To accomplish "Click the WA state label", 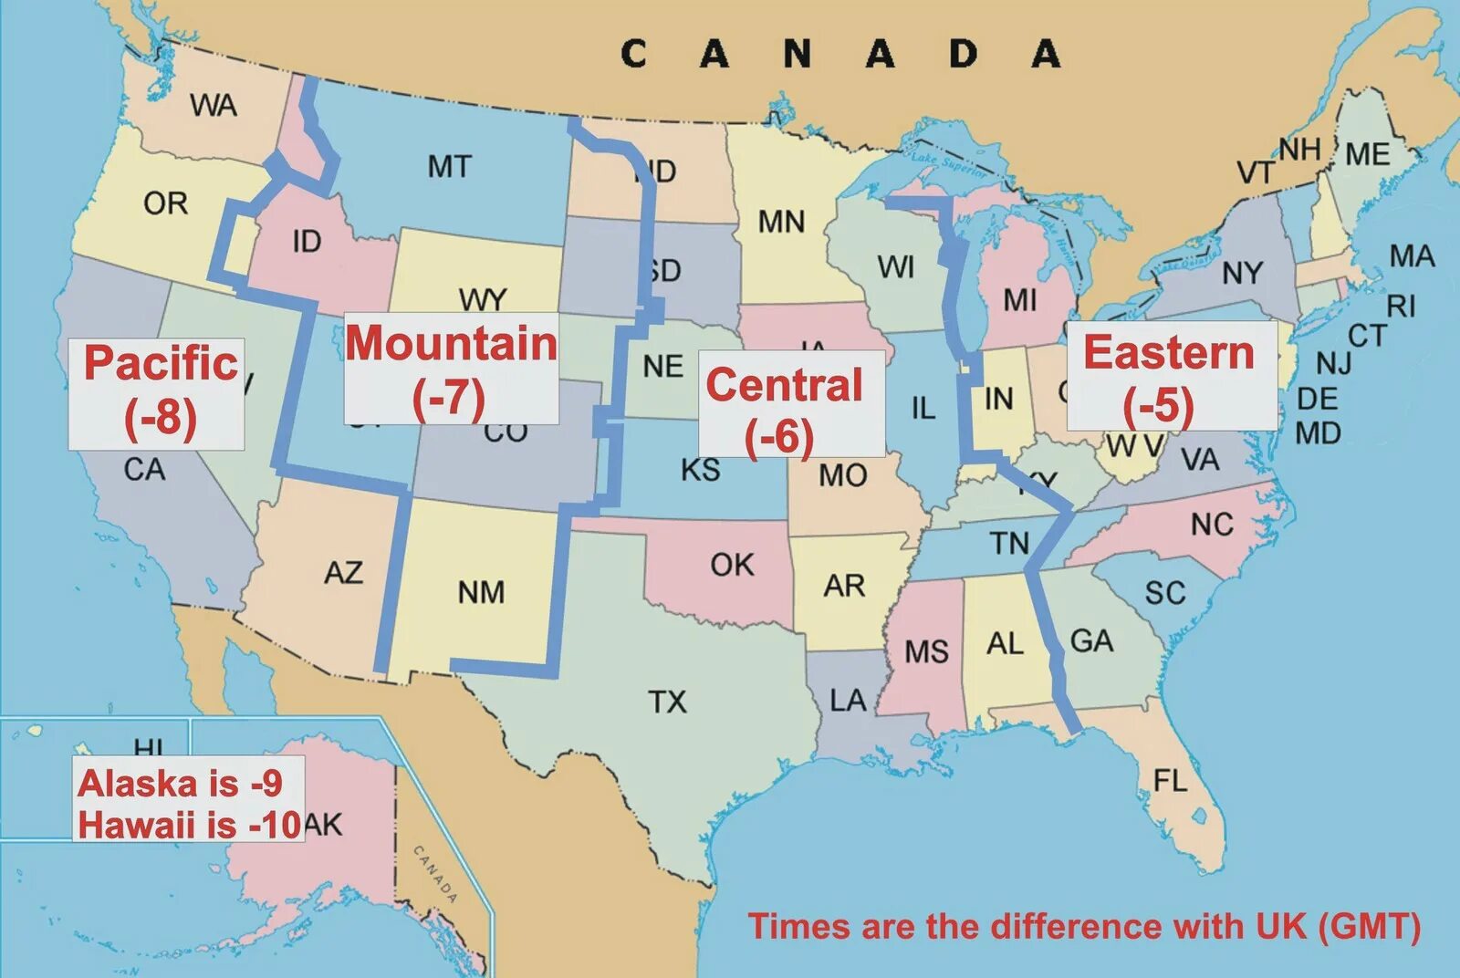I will (214, 106).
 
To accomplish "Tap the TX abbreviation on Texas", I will (667, 702).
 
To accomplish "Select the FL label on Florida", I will (1171, 781).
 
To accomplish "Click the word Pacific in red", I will (161, 363).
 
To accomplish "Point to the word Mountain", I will (451, 344).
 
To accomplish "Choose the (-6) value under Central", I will (778, 437).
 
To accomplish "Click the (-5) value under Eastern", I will (1158, 405).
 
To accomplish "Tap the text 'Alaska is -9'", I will (181, 784).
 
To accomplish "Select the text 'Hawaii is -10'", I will (189, 825).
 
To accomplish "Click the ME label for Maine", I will (1367, 154).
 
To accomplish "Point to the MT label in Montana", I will (450, 167).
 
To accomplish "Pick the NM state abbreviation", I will (481, 593).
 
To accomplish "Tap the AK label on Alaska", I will (323, 825).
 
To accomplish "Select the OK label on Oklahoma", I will (732, 565).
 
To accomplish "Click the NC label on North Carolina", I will (1212, 525).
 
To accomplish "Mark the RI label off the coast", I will (1402, 306).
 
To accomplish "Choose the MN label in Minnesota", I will (781, 222).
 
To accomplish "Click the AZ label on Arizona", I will (343, 573).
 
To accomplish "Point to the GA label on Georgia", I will (1091, 641).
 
